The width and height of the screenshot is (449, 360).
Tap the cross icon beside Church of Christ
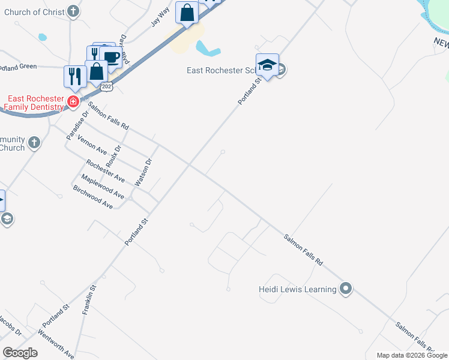(73, 11)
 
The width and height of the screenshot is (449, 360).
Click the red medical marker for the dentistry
(73, 102)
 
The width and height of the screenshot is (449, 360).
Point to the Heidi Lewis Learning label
(297, 290)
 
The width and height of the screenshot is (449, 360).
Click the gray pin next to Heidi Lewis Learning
(345, 289)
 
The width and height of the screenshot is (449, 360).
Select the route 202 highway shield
(107, 87)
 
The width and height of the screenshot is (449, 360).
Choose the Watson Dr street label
(144, 172)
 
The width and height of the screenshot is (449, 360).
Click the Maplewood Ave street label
(103, 187)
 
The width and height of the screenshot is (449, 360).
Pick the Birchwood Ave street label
(92, 197)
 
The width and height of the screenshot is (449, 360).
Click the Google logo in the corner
(20, 353)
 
